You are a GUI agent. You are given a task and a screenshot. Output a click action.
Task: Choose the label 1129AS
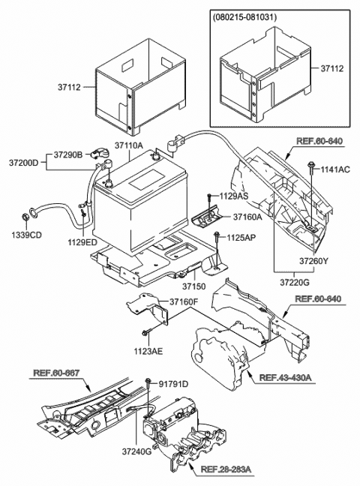coord(234,195)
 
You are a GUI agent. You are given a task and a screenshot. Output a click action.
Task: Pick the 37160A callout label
coord(247,217)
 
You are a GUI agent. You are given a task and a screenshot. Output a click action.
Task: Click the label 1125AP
coord(242,238)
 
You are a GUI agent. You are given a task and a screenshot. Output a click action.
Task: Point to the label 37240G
coord(138,451)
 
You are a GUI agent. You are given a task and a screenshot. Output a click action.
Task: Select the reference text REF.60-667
coord(58,372)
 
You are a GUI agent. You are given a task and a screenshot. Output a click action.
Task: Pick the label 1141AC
coord(336,170)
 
